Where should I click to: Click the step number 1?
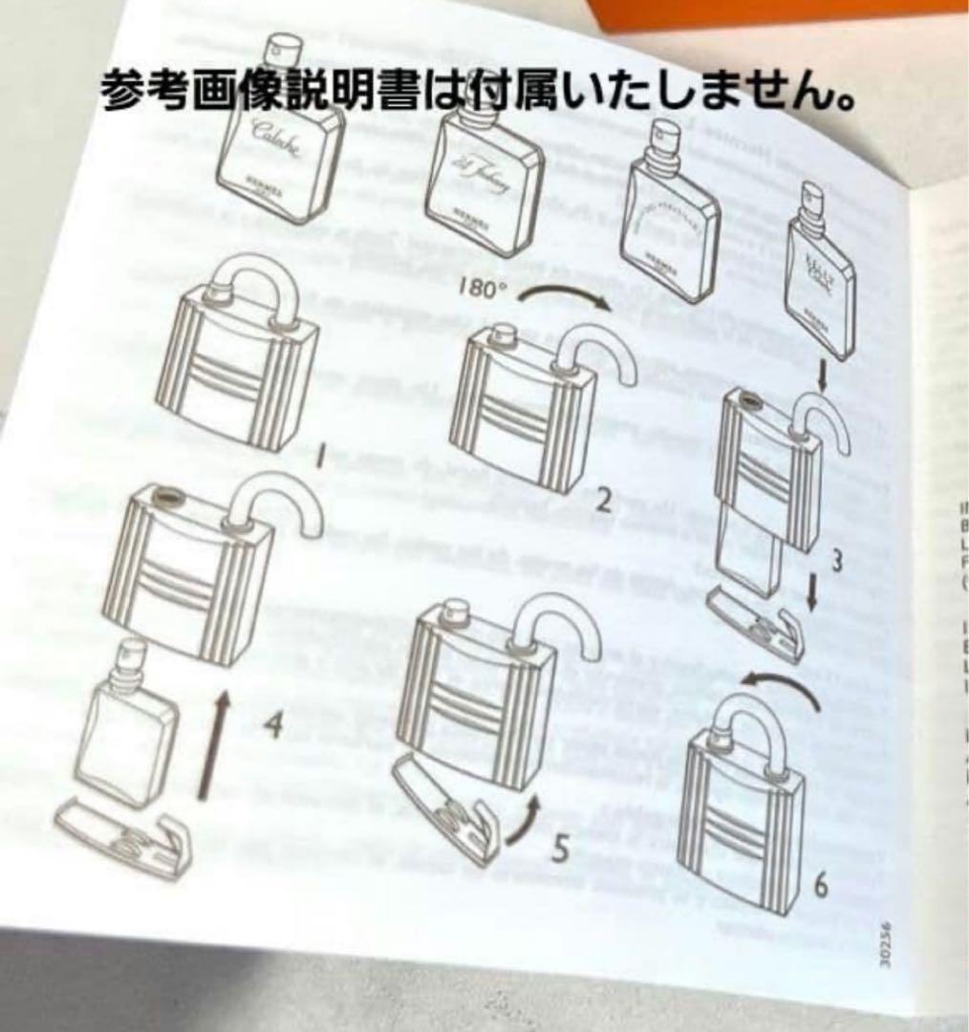click(x=323, y=462)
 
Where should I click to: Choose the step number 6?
click(x=820, y=886)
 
